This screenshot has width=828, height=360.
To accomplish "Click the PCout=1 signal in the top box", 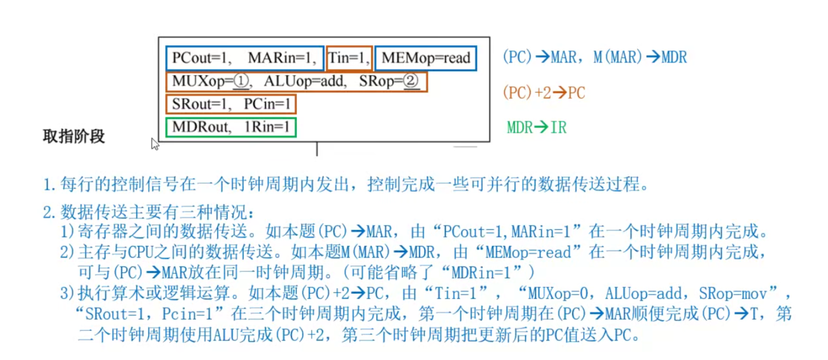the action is coord(199,58).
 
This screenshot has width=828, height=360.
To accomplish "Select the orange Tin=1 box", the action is coord(349,58).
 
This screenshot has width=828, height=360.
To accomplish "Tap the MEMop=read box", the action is coord(426,58).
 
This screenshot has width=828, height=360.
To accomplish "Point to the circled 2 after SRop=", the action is coord(410,81).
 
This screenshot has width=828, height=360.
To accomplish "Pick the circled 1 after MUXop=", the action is coord(241,81).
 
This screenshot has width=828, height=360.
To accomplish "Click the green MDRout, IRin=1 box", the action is coord(231,127).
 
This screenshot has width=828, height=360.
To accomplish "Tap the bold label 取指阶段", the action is coord(74,136).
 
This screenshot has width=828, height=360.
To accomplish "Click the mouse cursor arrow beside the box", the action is coord(155,143).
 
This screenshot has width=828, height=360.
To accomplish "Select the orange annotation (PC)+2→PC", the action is coord(544,92).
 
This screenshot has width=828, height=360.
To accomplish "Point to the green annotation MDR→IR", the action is coord(536,127).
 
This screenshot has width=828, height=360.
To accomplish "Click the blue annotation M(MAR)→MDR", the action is coord(640,57).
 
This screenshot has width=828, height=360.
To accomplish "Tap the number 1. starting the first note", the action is coord(49,184).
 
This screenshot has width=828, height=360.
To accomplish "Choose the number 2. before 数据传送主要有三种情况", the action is coord(49,212).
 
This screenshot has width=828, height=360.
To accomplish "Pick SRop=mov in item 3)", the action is coord(737,293).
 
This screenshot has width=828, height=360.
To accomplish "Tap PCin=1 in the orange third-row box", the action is coord(267,104).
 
